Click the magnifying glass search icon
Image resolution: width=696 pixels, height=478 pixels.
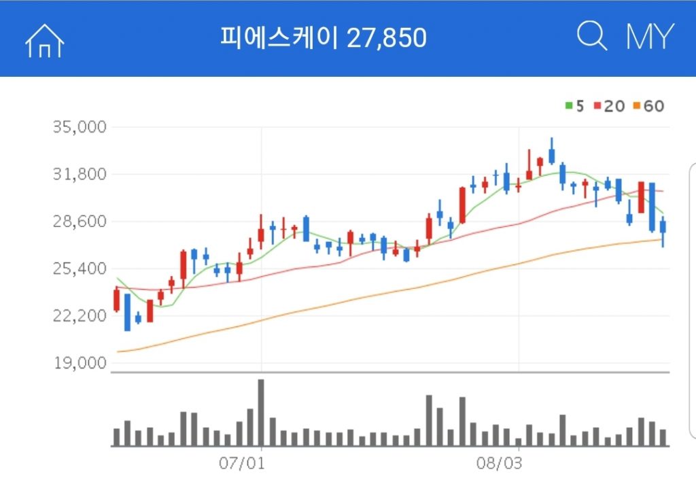[x=591, y=36]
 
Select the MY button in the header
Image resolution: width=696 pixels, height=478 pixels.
[x=650, y=37]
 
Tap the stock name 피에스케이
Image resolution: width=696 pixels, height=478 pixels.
[x=281, y=38]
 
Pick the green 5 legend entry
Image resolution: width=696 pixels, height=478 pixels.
[x=574, y=106]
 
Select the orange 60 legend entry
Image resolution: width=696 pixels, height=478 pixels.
[x=648, y=106]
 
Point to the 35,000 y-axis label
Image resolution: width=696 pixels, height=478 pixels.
[x=79, y=127]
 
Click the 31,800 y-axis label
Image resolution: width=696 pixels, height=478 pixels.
[x=79, y=175]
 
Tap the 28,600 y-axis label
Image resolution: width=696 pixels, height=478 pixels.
[x=79, y=222]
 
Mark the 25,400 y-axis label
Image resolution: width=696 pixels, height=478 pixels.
[x=79, y=269]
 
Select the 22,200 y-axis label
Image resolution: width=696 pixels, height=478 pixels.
[x=79, y=316]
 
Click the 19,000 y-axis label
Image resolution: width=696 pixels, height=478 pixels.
[x=79, y=363]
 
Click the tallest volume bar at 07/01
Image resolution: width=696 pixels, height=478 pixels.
[x=261, y=412]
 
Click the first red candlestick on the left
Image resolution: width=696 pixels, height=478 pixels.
[x=116, y=300]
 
